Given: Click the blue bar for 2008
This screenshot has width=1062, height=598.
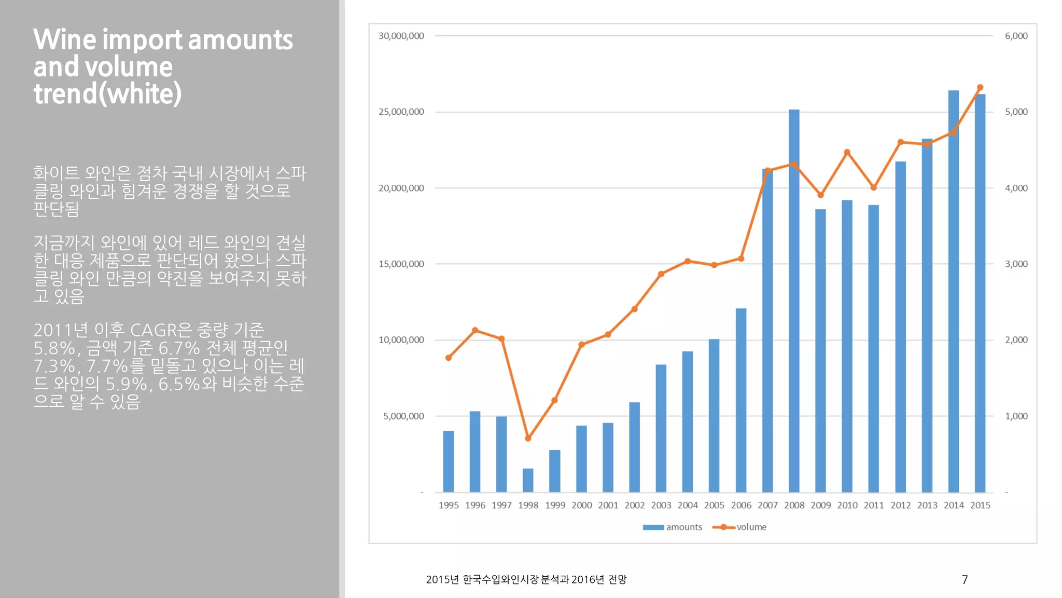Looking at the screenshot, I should (794, 301).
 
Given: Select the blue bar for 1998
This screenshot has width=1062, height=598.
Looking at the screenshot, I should (528, 481).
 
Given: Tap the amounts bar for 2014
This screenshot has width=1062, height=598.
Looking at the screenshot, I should (953, 291).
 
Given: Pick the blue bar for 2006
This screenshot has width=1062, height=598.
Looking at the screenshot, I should (741, 400).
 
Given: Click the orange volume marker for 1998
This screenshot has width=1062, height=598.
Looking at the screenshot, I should (528, 439).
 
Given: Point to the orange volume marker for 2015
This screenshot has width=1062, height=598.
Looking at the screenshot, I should (980, 88).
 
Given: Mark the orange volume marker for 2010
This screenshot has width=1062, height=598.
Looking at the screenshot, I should (847, 152).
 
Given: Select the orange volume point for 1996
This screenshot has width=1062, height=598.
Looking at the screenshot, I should (475, 330).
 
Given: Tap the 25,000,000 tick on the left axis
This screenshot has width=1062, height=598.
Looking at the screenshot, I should (401, 112).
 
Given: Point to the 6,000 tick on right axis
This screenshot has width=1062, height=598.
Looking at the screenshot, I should (1016, 36).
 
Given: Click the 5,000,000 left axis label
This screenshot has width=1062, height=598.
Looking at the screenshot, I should (403, 416).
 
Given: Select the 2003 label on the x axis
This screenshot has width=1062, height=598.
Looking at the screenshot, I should (661, 505).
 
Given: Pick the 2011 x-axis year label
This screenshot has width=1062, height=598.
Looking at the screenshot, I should (874, 505).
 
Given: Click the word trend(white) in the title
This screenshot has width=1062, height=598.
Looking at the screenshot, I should (107, 94).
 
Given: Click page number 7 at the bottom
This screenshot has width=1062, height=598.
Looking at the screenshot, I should (965, 579).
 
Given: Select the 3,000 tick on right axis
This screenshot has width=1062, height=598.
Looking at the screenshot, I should (1016, 264).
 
